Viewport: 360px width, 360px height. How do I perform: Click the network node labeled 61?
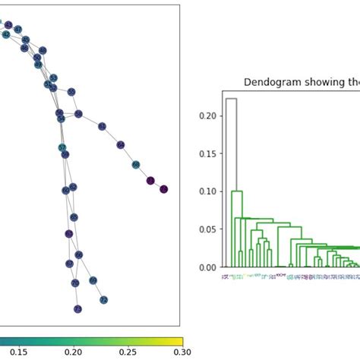pos(103,125)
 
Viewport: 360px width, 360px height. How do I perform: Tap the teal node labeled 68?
pos(136,165)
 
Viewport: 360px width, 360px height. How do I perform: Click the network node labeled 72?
pos(103,300)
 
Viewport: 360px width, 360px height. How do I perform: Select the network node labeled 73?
pos(77,309)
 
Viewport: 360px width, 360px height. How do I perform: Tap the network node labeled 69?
pos(93,280)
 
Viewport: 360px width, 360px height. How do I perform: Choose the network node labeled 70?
pos(74,283)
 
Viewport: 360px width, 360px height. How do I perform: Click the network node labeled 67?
pos(70,263)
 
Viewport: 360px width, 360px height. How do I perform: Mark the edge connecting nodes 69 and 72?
pos(99,290)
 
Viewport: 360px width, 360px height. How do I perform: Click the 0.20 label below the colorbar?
pos(73,352)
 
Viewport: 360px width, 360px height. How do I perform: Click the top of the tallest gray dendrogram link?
pos(232,99)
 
